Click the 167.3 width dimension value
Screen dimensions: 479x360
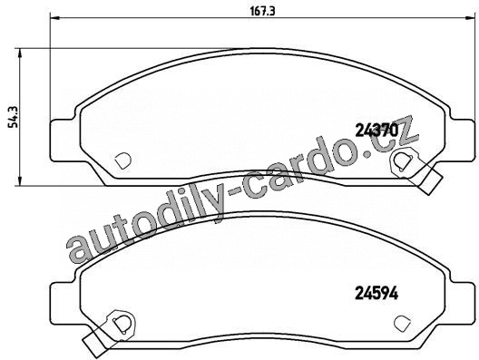pyautogui.click(x=263, y=11)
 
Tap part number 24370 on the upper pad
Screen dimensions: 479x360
pyautogui.click(x=377, y=131)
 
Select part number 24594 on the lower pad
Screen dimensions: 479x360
pyautogui.click(x=376, y=294)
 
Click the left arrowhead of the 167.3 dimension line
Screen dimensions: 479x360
pyautogui.click(x=55, y=18)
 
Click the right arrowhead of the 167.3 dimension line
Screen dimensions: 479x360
pyautogui.click(x=469, y=18)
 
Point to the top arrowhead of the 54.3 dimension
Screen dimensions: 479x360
pyautogui.click(x=20, y=54)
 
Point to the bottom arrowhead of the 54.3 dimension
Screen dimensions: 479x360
pyautogui.click(x=20, y=180)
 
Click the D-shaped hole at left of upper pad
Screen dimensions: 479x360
pyautogui.click(x=122, y=160)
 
